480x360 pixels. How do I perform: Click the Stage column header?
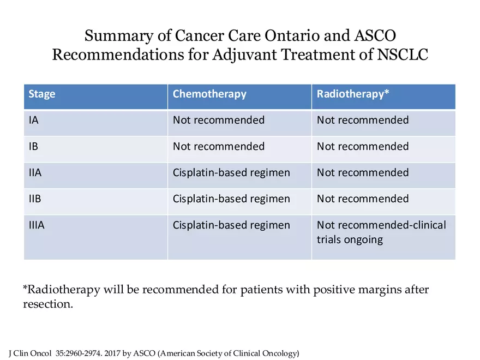(42, 94)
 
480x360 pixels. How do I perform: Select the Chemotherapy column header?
(209, 94)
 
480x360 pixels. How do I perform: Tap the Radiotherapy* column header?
(353, 94)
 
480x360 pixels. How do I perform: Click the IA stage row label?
(34, 120)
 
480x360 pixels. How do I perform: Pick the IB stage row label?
(34, 146)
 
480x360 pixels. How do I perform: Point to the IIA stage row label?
(35, 172)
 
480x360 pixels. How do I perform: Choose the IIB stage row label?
(35, 199)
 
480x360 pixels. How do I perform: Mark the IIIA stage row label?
(37, 225)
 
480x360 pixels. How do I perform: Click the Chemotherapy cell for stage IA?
(218, 120)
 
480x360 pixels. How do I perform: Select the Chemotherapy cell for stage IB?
(218, 146)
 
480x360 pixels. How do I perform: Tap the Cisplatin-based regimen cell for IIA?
(231, 172)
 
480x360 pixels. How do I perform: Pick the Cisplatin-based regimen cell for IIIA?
(231, 225)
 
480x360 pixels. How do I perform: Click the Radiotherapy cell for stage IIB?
(363, 199)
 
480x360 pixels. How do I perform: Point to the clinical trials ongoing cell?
(381, 232)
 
